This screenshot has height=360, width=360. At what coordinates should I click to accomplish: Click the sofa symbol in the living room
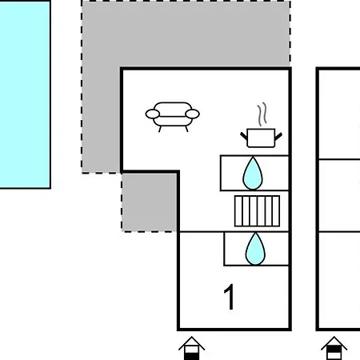coord(173,117)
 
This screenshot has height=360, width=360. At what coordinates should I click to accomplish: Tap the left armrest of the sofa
coord(153,114)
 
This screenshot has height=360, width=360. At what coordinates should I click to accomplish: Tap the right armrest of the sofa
coord(192,114)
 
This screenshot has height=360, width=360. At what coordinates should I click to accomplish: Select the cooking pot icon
coord(261,126)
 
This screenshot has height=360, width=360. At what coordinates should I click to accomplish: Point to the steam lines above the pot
coord(262,114)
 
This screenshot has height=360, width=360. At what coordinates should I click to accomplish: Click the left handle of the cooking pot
coord(244,136)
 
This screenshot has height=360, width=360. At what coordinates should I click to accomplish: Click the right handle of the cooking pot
coord(278,137)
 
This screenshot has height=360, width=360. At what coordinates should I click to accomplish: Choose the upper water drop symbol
coord(253,174)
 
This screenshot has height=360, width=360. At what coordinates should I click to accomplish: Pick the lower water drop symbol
coord(255,250)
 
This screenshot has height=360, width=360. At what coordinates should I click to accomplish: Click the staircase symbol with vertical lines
coord(257,211)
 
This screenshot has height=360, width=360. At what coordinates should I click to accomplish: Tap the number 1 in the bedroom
coord(229,296)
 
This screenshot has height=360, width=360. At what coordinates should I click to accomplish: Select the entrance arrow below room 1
coord(191,348)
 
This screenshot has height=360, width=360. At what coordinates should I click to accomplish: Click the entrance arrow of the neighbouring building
coord(334,348)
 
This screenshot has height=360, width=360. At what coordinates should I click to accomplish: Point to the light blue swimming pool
coord(25,94)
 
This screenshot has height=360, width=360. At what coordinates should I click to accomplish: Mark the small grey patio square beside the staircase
coord(150,202)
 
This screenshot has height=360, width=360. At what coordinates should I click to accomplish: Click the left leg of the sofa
coord(160,129)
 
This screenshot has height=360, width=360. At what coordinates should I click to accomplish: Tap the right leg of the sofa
coord(186,129)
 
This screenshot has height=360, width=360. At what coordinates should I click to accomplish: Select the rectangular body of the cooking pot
coord(261,138)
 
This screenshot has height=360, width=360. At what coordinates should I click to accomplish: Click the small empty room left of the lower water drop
coord(202,249)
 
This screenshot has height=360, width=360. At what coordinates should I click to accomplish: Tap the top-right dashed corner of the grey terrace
coord(290,2)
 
